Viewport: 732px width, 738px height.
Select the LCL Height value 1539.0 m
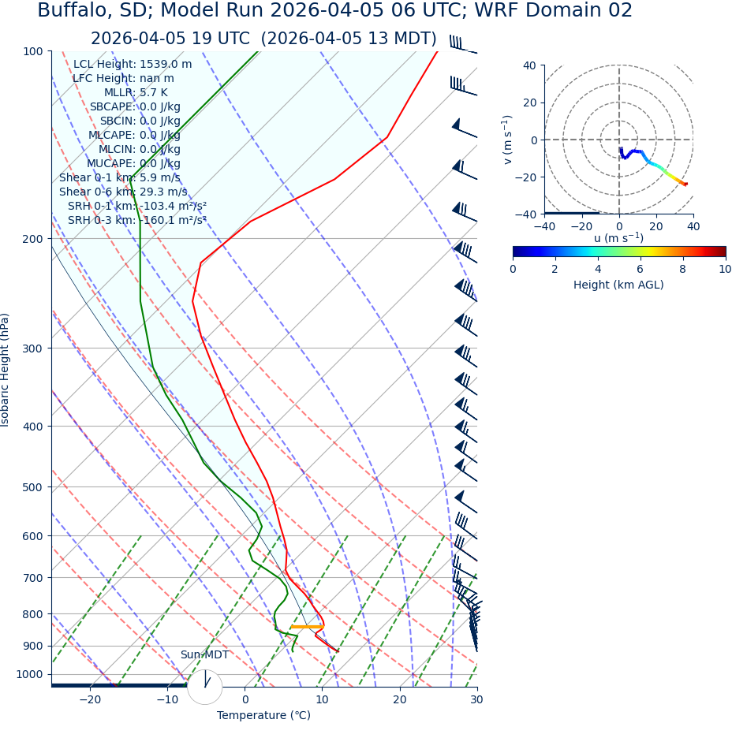(x=166, y=65)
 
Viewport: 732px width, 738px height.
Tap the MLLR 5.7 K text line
(x=141, y=93)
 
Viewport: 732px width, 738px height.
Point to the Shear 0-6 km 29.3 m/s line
(x=123, y=192)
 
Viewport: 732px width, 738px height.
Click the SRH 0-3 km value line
(x=137, y=221)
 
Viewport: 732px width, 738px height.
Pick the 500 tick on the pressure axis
(x=32, y=487)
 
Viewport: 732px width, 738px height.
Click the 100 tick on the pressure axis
(x=32, y=51)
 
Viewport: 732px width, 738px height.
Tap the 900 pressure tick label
(x=32, y=646)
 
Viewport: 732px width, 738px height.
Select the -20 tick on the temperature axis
(x=90, y=700)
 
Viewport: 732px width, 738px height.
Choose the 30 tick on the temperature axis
(x=476, y=700)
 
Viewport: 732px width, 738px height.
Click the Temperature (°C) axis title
(x=263, y=716)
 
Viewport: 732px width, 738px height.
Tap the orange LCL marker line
(x=307, y=627)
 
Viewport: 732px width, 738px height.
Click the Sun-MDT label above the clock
(x=204, y=655)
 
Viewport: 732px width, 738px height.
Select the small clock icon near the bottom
(x=205, y=686)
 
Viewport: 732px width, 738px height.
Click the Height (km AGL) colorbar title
(x=618, y=285)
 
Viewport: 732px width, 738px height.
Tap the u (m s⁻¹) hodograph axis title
(x=618, y=238)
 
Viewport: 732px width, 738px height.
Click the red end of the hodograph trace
(x=685, y=184)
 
